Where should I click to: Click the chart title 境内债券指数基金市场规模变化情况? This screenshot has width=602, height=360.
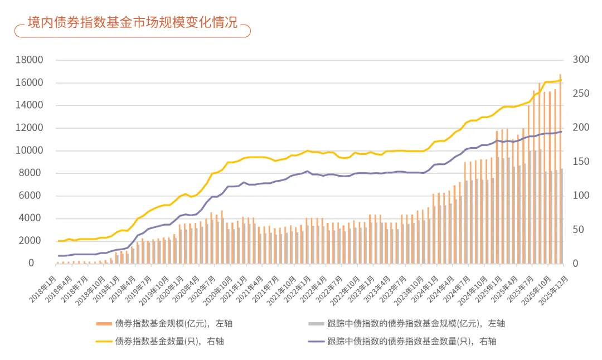coord(133,23)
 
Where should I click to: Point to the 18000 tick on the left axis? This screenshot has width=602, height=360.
coord(30,60)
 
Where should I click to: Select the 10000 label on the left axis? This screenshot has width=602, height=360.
coord(30,150)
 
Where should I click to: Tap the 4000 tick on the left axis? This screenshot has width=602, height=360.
coord(32,218)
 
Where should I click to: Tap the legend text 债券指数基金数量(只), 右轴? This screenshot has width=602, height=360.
coord(169,341)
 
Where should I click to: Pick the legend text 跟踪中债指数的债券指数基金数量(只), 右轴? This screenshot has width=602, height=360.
coord(412,341)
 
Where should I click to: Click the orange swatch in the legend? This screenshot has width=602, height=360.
coord(104,323)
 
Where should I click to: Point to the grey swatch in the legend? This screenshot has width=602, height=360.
coord(316,323)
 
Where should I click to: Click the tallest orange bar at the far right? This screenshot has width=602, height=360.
coord(560,167)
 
